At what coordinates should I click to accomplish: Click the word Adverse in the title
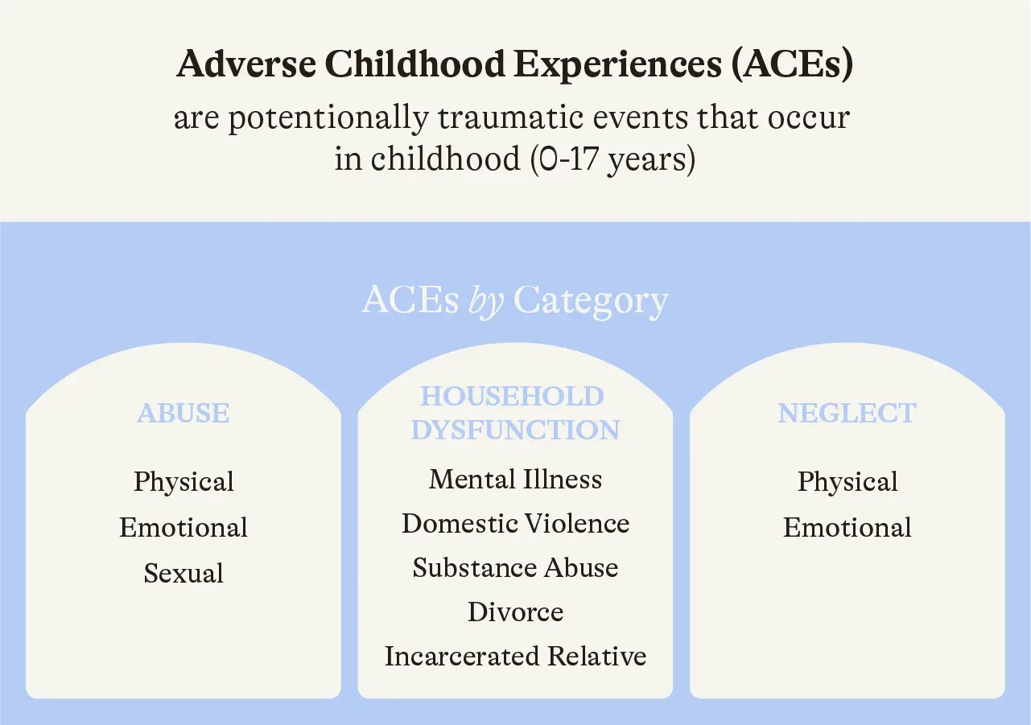pyautogui.click(x=246, y=64)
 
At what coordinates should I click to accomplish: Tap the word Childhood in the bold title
pyautogui.click(x=414, y=64)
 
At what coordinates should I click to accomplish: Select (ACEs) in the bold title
pyautogui.click(x=792, y=64)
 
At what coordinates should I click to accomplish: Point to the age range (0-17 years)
pyautogui.click(x=612, y=159)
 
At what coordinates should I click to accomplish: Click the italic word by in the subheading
pyautogui.click(x=485, y=300)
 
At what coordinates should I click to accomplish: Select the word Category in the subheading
pyautogui.click(x=591, y=301)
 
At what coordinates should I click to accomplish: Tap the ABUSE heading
pyautogui.click(x=184, y=413)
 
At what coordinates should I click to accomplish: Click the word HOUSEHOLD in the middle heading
pyautogui.click(x=512, y=396)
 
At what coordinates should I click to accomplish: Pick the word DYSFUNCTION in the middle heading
pyautogui.click(x=515, y=430)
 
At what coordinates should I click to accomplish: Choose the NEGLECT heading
pyautogui.click(x=847, y=413)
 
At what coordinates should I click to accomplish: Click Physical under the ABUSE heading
pyautogui.click(x=184, y=482)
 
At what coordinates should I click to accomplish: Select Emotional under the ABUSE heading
pyautogui.click(x=184, y=527)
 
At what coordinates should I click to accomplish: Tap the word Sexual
pyautogui.click(x=184, y=573)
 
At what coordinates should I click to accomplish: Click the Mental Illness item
pyautogui.click(x=515, y=480)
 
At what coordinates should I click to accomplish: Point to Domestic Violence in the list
pyautogui.click(x=515, y=524)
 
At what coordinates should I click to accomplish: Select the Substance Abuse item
pyautogui.click(x=515, y=567)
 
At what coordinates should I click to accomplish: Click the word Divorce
pyautogui.click(x=515, y=612)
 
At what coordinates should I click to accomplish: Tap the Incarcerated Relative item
pyautogui.click(x=515, y=656)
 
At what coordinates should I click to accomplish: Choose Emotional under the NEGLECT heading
pyautogui.click(x=847, y=527)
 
